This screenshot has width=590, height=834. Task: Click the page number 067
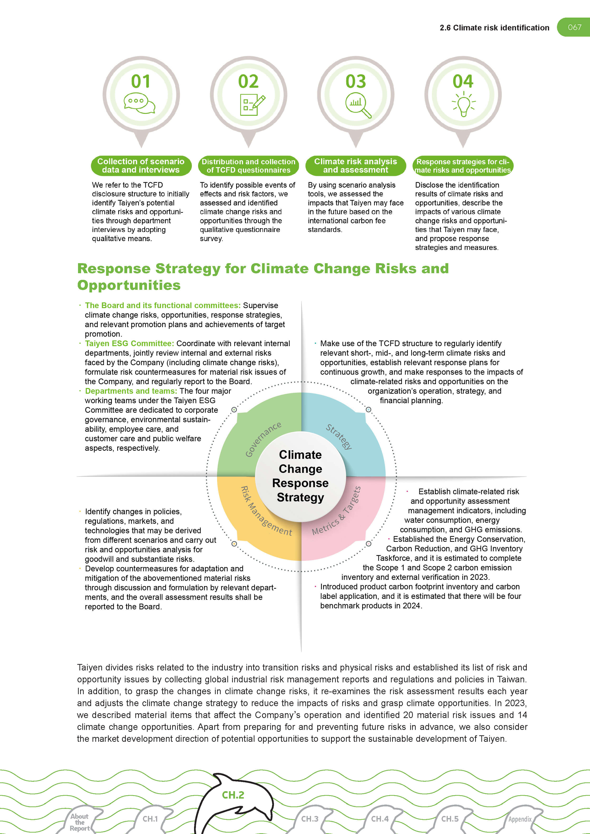pyautogui.click(x=574, y=27)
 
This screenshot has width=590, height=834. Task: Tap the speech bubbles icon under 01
pyautogui.click(x=140, y=103)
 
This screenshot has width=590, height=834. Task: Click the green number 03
pyautogui.click(x=355, y=81)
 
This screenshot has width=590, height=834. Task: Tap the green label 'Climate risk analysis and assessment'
pyautogui.click(x=355, y=166)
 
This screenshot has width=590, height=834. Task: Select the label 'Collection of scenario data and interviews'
pyautogui.click(x=141, y=166)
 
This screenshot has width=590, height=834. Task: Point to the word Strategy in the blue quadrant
pyautogui.click(x=339, y=437)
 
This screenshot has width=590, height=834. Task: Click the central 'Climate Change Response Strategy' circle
pyautogui.click(x=300, y=476)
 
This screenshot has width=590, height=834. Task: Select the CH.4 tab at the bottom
pyautogui.click(x=380, y=819)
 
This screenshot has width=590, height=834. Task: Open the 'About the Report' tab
pyautogui.click(x=80, y=822)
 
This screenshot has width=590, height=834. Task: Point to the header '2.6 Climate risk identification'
pyautogui.click(x=494, y=28)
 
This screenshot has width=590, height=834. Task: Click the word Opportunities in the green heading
pyautogui.click(x=129, y=285)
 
